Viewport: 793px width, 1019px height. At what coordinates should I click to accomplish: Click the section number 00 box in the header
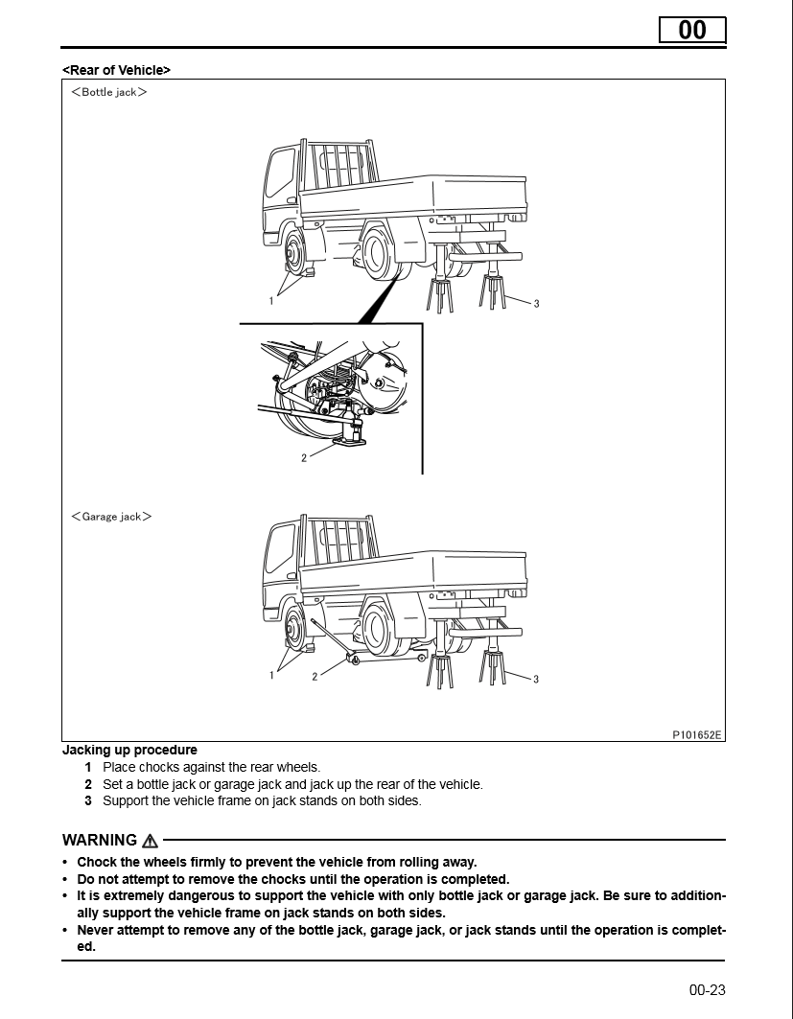pyautogui.click(x=691, y=30)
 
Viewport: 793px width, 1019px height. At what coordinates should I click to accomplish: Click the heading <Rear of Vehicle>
pyautogui.click(x=116, y=70)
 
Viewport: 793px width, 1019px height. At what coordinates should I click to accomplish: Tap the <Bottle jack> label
pyautogui.click(x=109, y=92)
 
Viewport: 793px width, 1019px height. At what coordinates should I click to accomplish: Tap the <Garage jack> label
pyautogui.click(x=111, y=517)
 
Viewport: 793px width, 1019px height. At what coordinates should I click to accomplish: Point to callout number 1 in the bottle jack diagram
pyautogui.click(x=271, y=300)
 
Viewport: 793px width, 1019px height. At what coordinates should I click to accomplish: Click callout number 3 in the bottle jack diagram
pyautogui.click(x=536, y=304)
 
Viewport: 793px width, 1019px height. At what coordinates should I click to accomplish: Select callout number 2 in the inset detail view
pyautogui.click(x=304, y=458)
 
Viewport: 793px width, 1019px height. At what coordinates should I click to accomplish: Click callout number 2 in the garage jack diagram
pyautogui.click(x=315, y=677)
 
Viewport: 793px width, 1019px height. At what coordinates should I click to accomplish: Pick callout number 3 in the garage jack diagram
pyautogui.click(x=536, y=680)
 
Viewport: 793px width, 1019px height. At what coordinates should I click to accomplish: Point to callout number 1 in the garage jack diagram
pyautogui.click(x=271, y=675)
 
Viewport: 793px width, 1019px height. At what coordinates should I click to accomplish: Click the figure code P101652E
pyautogui.click(x=696, y=735)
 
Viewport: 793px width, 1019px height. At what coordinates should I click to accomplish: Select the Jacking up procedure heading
pyautogui.click(x=129, y=750)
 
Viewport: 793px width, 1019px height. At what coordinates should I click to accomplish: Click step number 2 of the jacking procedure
pyautogui.click(x=88, y=784)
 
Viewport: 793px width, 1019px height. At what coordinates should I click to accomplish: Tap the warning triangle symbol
pyautogui.click(x=150, y=841)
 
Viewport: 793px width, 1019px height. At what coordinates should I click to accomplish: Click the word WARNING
pyautogui.click(x=100, y=841)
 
